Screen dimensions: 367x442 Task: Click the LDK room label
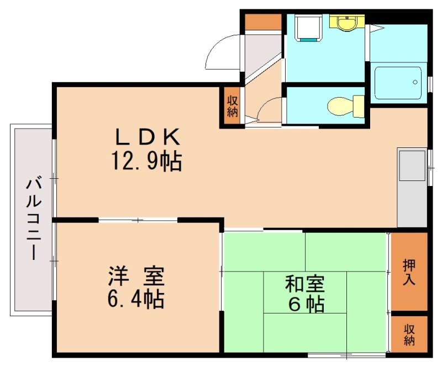click(x=147, y=136)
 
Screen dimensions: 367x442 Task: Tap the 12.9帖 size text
click(x=147, y=161)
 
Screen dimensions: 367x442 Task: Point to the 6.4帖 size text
click(x=135, y=299)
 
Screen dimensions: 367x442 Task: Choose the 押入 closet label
click(x=409, y=271)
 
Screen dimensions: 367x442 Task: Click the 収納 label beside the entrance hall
click(x=232, y=105)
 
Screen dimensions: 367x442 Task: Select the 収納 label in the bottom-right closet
click(x=409, y=334)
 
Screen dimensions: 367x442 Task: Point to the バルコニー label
click(x=33, y=218)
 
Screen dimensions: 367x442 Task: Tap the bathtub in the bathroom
click(x=397, y=83)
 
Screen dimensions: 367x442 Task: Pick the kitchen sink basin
click(x=412, y=166)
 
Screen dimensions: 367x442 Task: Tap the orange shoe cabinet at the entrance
click(x=263, y=21)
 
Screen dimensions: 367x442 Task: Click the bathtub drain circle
click(x=415, y=83)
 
